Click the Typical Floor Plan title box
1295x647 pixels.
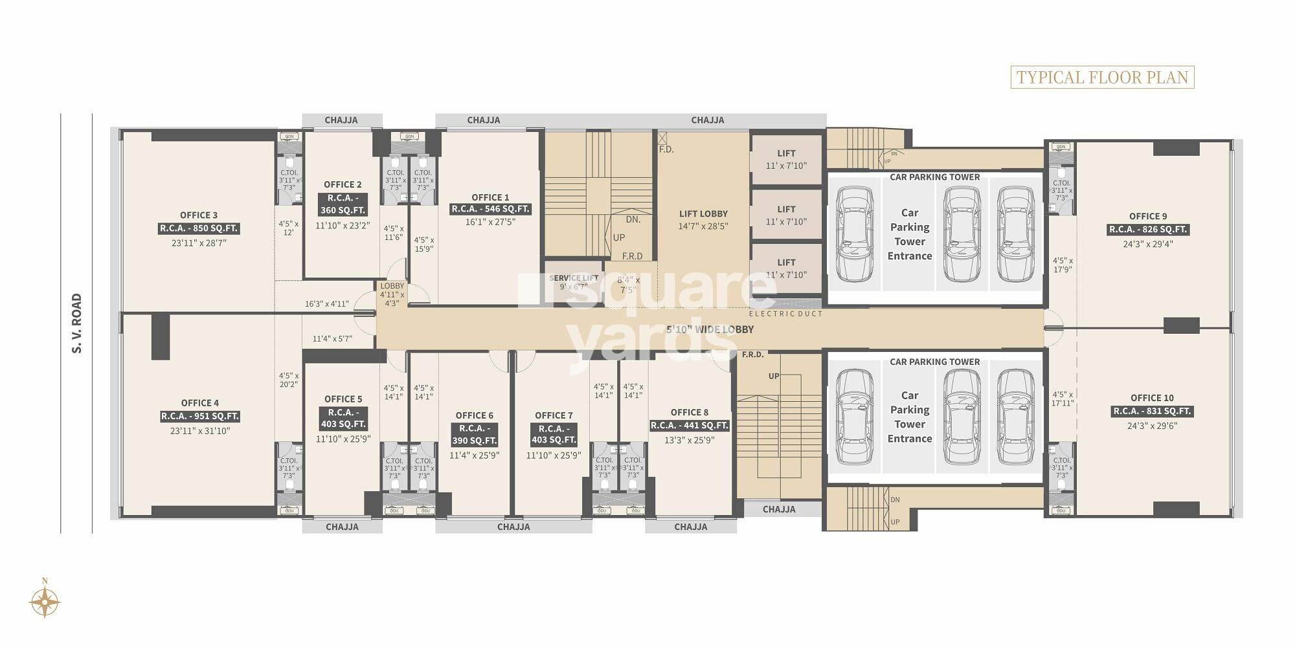coord(1102,78)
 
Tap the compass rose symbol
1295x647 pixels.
coord(45,602)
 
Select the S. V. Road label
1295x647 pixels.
coord(77,323)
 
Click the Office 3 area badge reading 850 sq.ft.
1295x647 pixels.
coord(199,228)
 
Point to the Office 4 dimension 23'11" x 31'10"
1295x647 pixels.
coord(200,431)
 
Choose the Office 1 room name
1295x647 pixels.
coord(490,197)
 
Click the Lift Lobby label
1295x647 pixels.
coord(703,214)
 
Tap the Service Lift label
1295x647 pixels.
coord(573,278)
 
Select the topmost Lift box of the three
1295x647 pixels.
coord(786,159)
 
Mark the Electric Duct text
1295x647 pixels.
coord(785,314)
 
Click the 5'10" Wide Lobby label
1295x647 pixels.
coord(710,329)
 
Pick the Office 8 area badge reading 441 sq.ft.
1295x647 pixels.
coord(690,425)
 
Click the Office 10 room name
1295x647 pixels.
coord(1152,398)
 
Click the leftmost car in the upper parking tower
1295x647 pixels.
coord(854,234)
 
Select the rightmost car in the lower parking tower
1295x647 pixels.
coord(1015,417)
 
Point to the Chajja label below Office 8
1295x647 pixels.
coord(690,527)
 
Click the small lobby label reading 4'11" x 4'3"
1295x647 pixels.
coord(392,294)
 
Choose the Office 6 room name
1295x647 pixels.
coord(474,415)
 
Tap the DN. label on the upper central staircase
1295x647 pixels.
coord(633,219)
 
